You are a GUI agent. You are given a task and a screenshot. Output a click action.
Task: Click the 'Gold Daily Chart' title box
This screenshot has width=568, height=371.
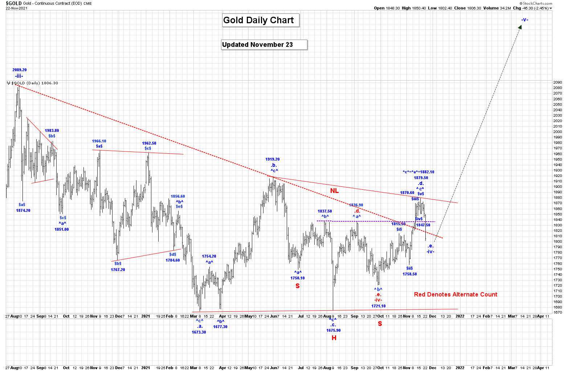(261, 20)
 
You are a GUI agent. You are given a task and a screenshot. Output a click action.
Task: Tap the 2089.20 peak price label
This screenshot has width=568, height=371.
(20, 70)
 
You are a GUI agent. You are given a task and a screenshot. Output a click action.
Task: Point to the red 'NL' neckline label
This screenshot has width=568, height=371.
(334, 191)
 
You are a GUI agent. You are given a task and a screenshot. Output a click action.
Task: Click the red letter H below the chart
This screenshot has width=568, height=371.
(334, 338)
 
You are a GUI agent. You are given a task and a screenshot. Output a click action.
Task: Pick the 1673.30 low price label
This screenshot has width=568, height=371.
(199, 332)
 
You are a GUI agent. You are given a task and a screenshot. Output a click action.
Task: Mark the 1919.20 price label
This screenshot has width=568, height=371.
(272, 159)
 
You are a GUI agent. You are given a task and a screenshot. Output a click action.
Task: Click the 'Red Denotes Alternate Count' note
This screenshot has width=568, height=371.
(455, 294)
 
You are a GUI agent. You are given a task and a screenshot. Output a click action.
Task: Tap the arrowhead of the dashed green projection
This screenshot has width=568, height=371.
(521, 27)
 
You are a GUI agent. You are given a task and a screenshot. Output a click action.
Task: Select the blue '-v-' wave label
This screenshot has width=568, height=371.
(524, 20)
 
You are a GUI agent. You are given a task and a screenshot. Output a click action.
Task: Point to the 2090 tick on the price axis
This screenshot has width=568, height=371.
(558, 82)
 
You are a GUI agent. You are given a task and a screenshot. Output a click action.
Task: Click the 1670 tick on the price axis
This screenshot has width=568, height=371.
(558, 312)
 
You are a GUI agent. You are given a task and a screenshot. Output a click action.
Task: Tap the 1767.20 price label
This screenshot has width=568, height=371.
(118, 270)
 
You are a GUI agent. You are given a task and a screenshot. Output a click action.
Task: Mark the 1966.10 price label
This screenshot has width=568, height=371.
(99, 141)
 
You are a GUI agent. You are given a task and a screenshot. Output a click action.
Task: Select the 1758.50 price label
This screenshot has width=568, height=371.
(410, 274)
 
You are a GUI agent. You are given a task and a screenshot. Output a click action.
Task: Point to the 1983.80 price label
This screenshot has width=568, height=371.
(52, 130)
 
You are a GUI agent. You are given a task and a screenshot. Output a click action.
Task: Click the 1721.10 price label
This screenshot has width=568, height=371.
(378, 306)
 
